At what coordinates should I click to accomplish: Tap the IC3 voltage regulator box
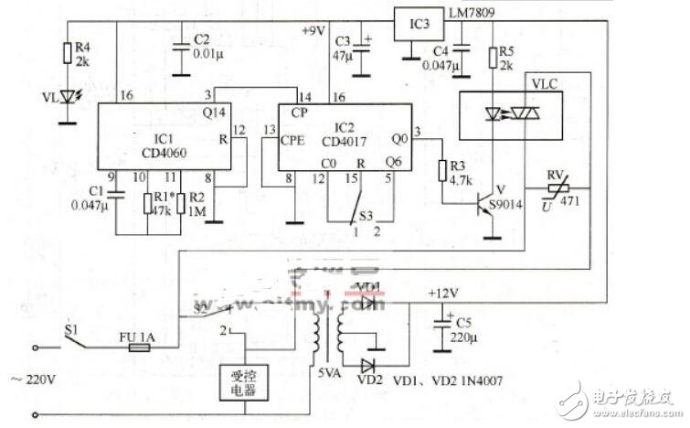click(413, 22)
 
